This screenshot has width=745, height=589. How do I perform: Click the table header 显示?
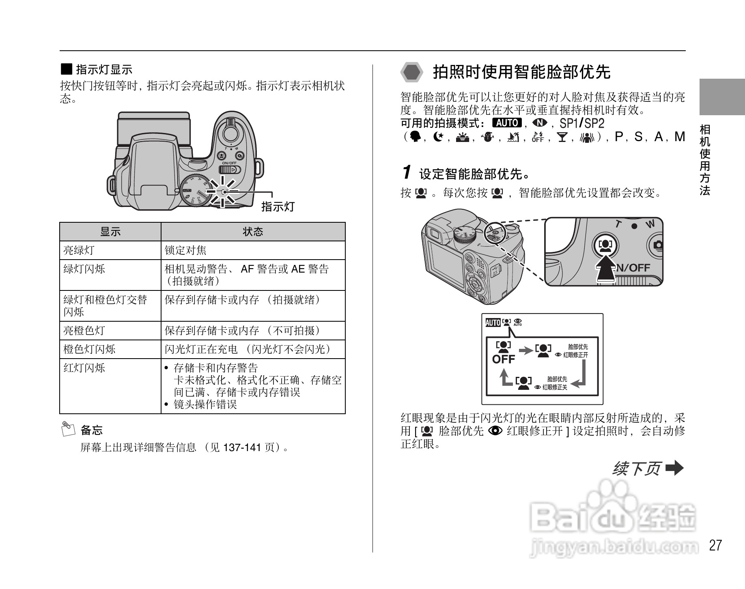110,232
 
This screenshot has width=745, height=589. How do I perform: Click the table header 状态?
253,232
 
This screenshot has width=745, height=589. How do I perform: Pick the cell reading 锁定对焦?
185,250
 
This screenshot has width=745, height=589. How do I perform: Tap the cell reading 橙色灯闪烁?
89,349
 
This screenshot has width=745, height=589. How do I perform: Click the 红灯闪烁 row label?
84,368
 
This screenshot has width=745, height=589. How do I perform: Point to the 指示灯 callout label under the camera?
278,207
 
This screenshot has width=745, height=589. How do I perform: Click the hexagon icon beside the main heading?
412,73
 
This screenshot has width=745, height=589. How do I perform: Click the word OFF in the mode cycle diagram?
503,359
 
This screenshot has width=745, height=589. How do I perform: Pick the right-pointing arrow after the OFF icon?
526,350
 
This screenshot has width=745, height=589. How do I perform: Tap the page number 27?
715,545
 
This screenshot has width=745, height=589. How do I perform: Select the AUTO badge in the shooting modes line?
506,123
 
